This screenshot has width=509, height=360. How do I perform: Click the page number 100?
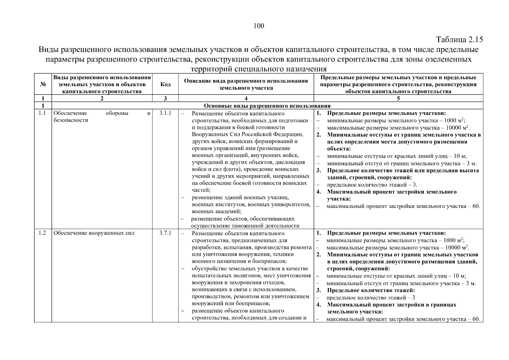pyautogui.click(x=259, y=26)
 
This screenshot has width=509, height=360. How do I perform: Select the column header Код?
pyautogui.click(x=165, y=84)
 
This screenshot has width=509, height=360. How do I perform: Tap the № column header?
pyautogui.click(x=43, y=84)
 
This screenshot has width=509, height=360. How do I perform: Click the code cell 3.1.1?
pyautogui.click(x=165, y=113)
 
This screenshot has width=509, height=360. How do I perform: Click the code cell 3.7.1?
pyautogui.click(x=165, y=233)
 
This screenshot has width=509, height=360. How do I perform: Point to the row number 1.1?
pyautogui.click(x=42, y=113)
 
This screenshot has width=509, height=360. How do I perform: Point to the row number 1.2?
pyautogui.click(x=42, y=233)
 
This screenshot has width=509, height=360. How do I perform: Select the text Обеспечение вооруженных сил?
pyautogui.click(x=94, y=233)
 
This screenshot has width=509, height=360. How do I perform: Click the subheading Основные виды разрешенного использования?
pyautogui.click(x=267, y=106)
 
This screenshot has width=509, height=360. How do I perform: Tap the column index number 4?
pyautogui.click(x=246, y=98)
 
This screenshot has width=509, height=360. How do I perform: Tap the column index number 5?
pyautogui.click(x=398, y=98)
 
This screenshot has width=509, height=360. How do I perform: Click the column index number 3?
pyautogui.click(x=165, y=98)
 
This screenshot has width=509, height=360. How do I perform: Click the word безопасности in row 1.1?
pyautogui.click(x=71, y=120)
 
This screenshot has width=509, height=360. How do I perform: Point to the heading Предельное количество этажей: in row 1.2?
pyautogui.click(x=371, y=290)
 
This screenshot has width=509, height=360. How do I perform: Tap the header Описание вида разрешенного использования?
pyautogui.click(x=246, y=81)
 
